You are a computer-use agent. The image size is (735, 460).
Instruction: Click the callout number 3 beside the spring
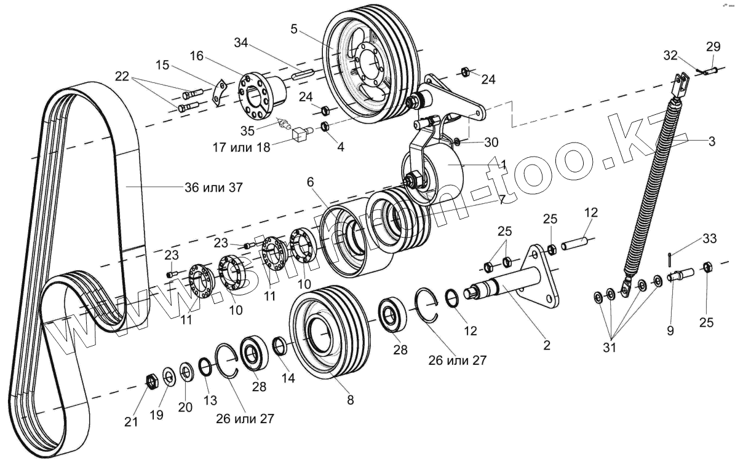pyautogui.click(x=711, y=142)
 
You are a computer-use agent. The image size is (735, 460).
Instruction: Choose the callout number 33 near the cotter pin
pyautogui.click(x=709, y=238)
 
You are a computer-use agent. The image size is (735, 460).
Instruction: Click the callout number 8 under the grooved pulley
pyautogui.click(x=350, y=400)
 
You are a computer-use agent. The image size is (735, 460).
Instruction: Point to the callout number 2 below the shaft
pyautogui.click(x=546, y=345)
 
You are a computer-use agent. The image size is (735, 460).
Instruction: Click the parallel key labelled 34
pyautogui.click(x=303, y=76)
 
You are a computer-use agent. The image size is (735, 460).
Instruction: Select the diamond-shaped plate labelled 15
pyautogui.click(x=217, y=92)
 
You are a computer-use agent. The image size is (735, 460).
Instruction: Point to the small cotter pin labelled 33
pyautogui.click(x=670, y=259)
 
